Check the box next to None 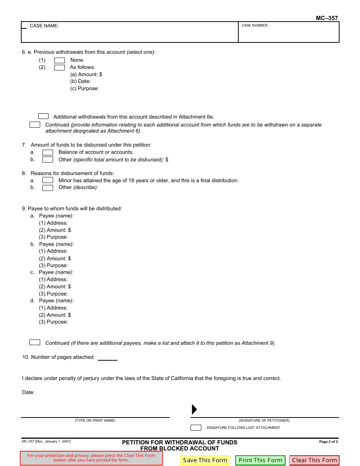coord(59,60)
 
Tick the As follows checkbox coord(59,67)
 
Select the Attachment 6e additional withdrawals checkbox coord(44,116)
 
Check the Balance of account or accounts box coord(48,152)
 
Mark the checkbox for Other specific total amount coord(48,160)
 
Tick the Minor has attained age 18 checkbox coord(48,180)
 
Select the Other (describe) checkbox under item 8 coord(48,188)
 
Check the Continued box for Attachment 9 coord(35,342)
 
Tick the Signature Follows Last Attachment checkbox coord(196,428)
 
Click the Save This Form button coord(205,460)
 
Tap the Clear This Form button coord(315,460)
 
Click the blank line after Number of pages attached coord(108,357)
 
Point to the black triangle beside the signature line coord(194,409)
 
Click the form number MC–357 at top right coord(327,18)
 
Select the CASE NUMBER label coord(255,25)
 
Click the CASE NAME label coord(44,26)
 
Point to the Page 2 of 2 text coord(328,442)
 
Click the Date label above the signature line coord(28,393)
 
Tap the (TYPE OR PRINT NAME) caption coord(95,421)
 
